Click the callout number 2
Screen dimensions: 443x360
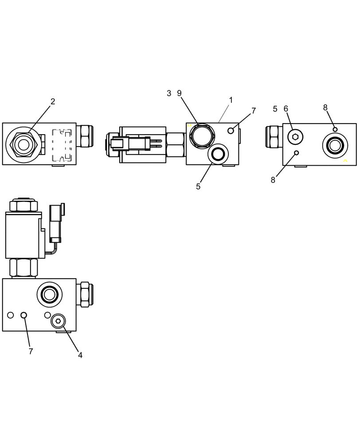53,101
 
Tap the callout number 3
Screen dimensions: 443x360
169,93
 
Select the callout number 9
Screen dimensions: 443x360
179,93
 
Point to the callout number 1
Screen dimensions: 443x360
231,100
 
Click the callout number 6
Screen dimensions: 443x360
286,109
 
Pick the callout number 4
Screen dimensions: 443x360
80,355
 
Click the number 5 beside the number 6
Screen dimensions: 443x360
275,109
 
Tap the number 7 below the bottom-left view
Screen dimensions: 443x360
31,351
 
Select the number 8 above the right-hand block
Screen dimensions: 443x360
325,107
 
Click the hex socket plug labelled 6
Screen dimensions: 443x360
295,137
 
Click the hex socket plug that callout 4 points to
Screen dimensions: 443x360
58,321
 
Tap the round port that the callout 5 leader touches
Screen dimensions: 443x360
217,154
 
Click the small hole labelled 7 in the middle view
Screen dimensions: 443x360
231,130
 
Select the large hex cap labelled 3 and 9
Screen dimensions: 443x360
202,136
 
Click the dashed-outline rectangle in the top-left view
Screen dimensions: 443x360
62,145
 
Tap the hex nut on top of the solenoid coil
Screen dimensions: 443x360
23,205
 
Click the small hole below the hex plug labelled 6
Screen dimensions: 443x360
297,153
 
